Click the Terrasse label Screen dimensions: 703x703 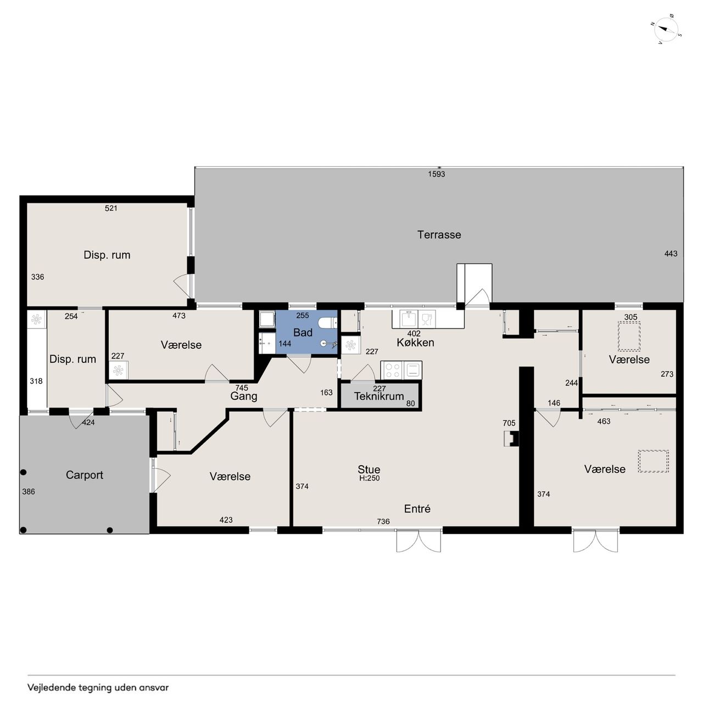point(439,235)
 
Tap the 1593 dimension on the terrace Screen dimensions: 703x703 point(436,174)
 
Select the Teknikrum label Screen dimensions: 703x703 point(378,396)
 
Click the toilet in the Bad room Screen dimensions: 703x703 point(328,323)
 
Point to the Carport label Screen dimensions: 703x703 point(84,475)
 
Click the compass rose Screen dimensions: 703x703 point(666,30)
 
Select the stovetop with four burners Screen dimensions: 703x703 point(392,370)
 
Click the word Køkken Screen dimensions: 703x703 point(415,343)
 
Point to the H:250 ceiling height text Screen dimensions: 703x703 point(369,478)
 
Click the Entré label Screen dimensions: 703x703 point(417,509)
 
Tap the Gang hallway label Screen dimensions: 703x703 point(244,397)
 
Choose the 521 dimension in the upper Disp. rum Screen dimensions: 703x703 point(111,208)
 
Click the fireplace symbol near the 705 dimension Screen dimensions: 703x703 point(511,438)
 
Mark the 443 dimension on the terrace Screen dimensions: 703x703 point(671,254)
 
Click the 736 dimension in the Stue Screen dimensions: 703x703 point(383,521)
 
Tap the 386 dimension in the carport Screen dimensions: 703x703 point(29,492)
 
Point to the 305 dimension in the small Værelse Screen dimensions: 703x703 point(631,317)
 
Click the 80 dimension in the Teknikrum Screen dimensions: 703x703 point(410,404)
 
